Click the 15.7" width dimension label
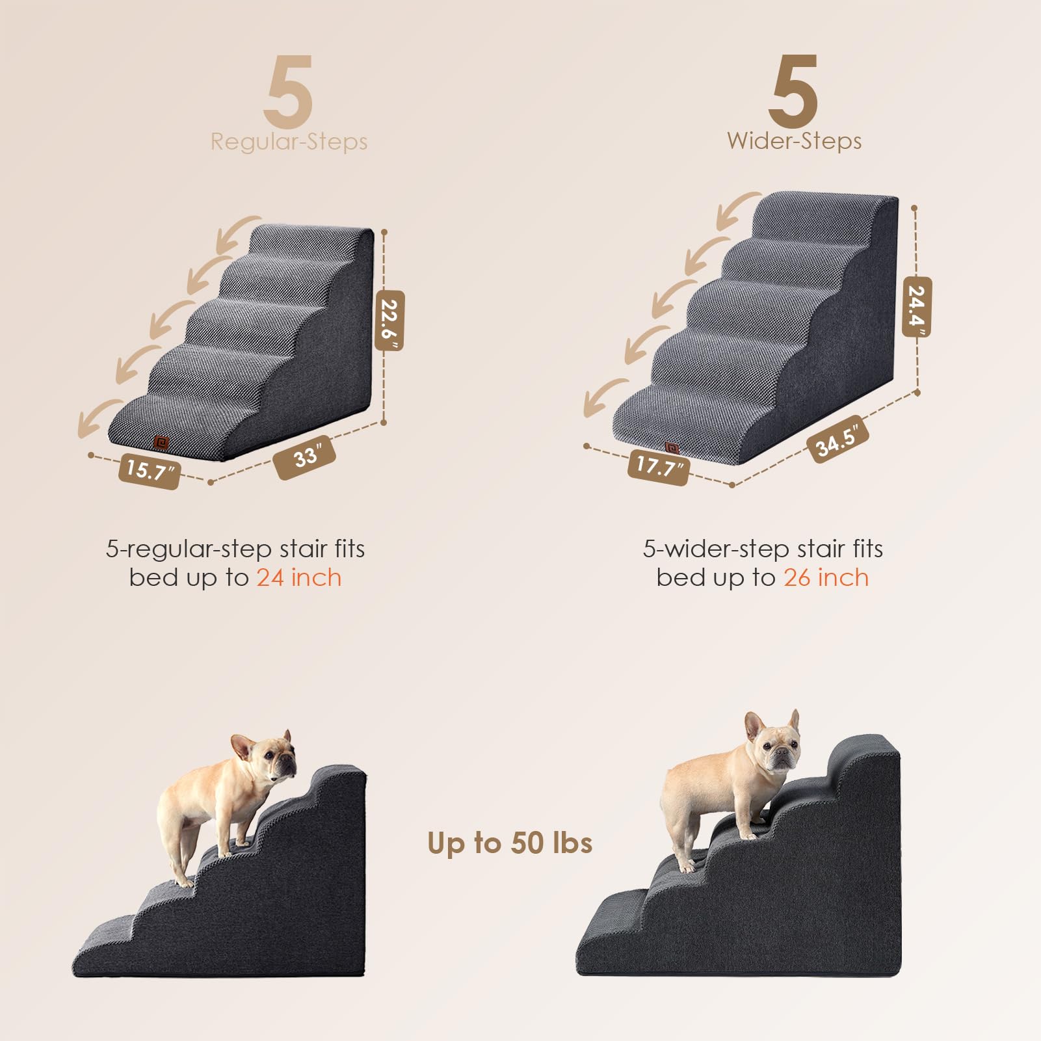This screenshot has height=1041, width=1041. pos(149,470)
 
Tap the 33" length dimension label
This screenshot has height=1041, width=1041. pos(305,457)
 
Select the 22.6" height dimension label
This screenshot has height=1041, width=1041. pos(389,320)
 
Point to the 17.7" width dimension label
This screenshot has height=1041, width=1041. pos(658,466)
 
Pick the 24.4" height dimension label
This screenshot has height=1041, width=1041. pos(917,307)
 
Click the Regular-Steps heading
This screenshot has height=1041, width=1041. pos(289,142)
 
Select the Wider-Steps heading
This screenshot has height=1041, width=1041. pos(794,141)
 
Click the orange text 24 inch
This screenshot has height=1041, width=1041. pos(298,577)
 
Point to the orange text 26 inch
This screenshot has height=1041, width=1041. pos(826,577)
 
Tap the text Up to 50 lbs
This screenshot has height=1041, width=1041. pos(510,843)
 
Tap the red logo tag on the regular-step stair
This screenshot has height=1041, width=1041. pos(161,443)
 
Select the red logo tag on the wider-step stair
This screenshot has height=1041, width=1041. pos(672,448)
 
